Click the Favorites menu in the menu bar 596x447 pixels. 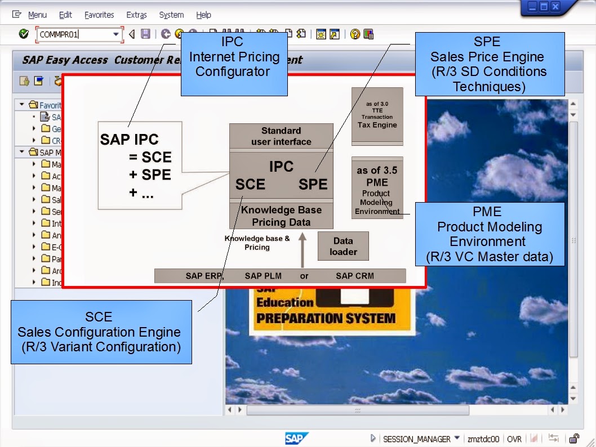[99, 15]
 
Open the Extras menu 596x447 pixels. [136, 15]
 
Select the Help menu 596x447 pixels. [203, 15]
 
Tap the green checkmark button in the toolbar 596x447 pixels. [24, 34]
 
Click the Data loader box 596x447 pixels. [343, 246]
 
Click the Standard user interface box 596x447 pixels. [281, 136]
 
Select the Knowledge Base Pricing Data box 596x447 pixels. [281, 216]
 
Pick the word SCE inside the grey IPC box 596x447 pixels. [250, 185]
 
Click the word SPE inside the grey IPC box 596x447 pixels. [313, 185]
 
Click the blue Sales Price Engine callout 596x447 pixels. [489, 64]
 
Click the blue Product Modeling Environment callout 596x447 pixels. [489, 234]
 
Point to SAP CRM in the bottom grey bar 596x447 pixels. [354, 276]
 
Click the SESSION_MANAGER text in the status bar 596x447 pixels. [416, 439]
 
